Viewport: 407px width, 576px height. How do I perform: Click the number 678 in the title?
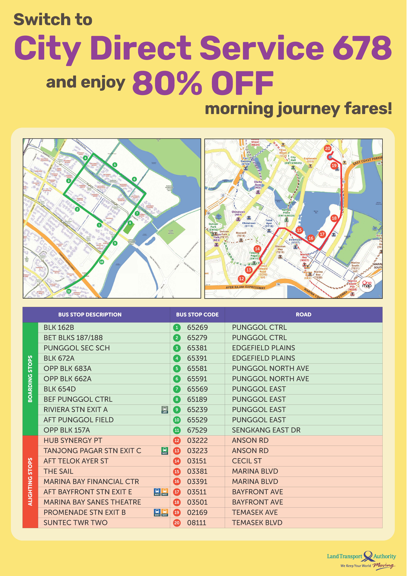(x=362, y=48)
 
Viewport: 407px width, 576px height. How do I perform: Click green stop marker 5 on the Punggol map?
(x=115, y=165)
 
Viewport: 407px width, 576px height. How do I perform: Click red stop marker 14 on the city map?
(x=257, y=249)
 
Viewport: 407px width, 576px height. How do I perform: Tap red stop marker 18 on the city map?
(x=334, y=218)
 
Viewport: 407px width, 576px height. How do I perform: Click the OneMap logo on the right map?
(x=367, y=284)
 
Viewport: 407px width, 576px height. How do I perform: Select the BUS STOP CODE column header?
(x=197, y=315)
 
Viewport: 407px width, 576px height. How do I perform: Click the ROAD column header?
(x=303, y=315)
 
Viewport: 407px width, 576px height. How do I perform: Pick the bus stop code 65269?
(x=197, y=327)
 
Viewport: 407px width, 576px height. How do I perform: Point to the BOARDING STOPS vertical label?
(x=30, y=379)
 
